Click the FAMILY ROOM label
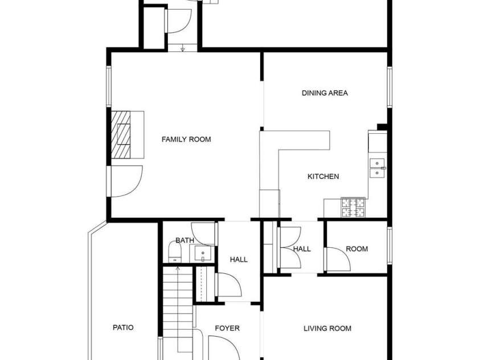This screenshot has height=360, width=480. pos(186,140)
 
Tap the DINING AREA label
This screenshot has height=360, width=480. pos(325,93)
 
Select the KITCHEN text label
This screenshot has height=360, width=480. pos(323,177)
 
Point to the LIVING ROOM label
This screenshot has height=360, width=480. pos(327,328)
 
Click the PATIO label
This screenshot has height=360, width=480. pos(123,328)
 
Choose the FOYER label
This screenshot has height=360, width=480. pos(227,328)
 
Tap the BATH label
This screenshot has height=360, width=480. pos(184,240)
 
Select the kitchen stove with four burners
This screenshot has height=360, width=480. pos(353,207)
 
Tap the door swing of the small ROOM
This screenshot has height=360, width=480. pos(338,260)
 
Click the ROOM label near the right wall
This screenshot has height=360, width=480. pos(356,249)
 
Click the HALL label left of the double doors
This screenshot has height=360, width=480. pos(239,260)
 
